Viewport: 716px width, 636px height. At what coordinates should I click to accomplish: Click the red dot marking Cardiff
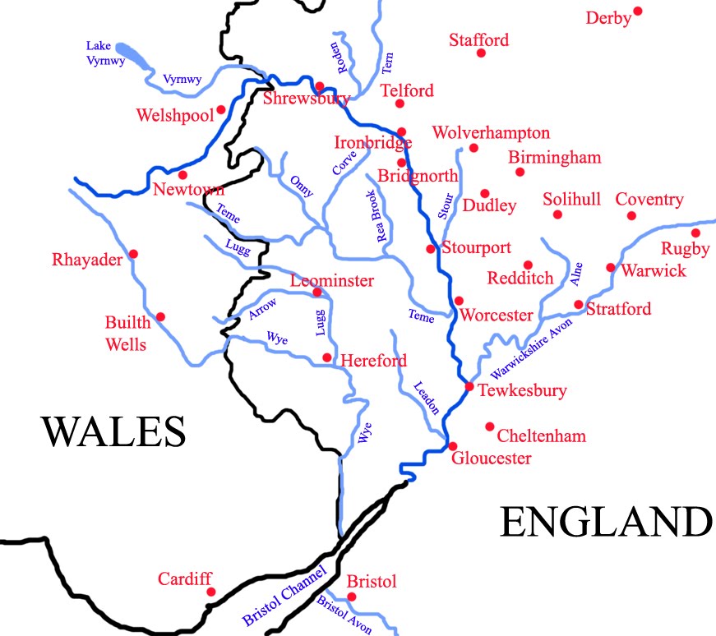coord(210,592)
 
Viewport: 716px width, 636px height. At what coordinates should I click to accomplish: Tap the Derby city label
coord(607,18)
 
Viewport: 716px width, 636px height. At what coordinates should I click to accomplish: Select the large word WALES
coord(114,432)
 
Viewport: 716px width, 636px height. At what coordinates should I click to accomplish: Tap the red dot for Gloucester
coord(452,446)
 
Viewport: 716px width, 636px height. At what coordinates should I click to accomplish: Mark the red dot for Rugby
coord(695,233)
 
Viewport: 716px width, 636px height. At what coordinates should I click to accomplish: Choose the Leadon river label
coord(427,398)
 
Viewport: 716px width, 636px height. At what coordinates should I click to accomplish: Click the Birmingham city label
coord(554,157)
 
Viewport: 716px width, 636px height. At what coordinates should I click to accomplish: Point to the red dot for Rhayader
coord(133,254)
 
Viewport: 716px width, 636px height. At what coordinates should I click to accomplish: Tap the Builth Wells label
coord(126,333)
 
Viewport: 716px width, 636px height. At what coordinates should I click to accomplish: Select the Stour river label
coord(445,205)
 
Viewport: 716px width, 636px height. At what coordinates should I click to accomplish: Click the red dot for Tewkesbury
coord(469,385)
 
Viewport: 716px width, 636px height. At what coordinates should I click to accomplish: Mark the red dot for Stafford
coord(481,53)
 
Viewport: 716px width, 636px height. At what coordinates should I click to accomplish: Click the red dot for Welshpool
coord(220,109)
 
